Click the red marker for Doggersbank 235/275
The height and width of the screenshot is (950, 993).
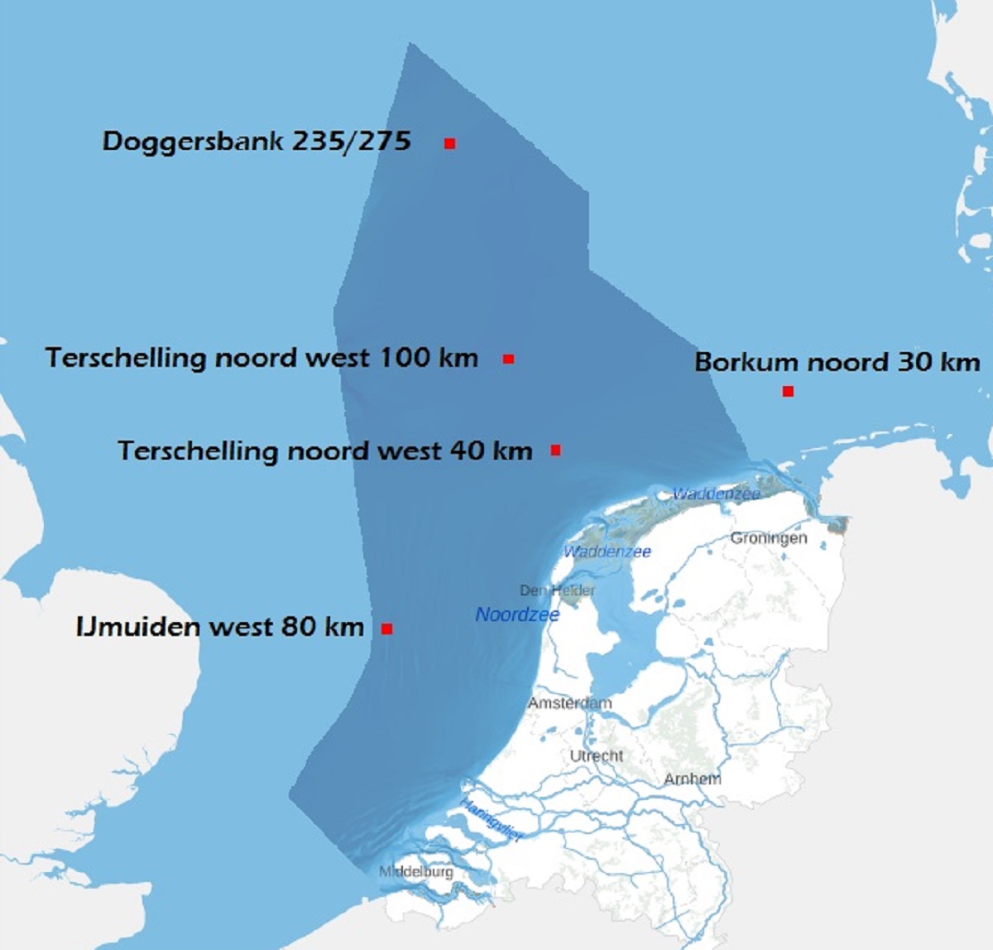click(x=450, y=144)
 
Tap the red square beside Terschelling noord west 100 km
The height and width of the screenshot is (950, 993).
click(x=509, y=359)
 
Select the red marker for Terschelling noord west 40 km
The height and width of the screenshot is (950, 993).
click(x=556, y=451)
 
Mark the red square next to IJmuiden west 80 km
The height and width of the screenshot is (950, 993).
click(x=386, y=629)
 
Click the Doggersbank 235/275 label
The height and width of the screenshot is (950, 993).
click(x=257, y=142)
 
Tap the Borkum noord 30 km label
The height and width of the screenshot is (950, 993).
click(x=837, y=362)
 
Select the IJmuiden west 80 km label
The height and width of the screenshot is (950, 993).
click(x=219, y=626)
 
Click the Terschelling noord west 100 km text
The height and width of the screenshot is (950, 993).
click(x=261, y=358)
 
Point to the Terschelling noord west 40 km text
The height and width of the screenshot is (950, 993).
click(x=324, y=451)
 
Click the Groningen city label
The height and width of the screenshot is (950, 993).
click(x=768, y=538)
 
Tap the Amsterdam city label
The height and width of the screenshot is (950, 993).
click(x=570, y=703)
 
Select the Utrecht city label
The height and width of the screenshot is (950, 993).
click(x=597, y=755)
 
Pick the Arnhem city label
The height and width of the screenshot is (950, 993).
click(x=692, y=779)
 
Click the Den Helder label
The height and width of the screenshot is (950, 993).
click(x=557, y=591)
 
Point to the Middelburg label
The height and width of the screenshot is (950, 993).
click(x=416, y=871)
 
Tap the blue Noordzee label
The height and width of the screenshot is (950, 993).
click(x=517, y=615)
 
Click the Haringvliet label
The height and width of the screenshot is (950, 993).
click(x=492, y=820)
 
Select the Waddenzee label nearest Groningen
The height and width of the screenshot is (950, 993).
click(x=716, y=494)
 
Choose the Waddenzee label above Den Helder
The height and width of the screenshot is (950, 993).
click(x=607, y=552)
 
